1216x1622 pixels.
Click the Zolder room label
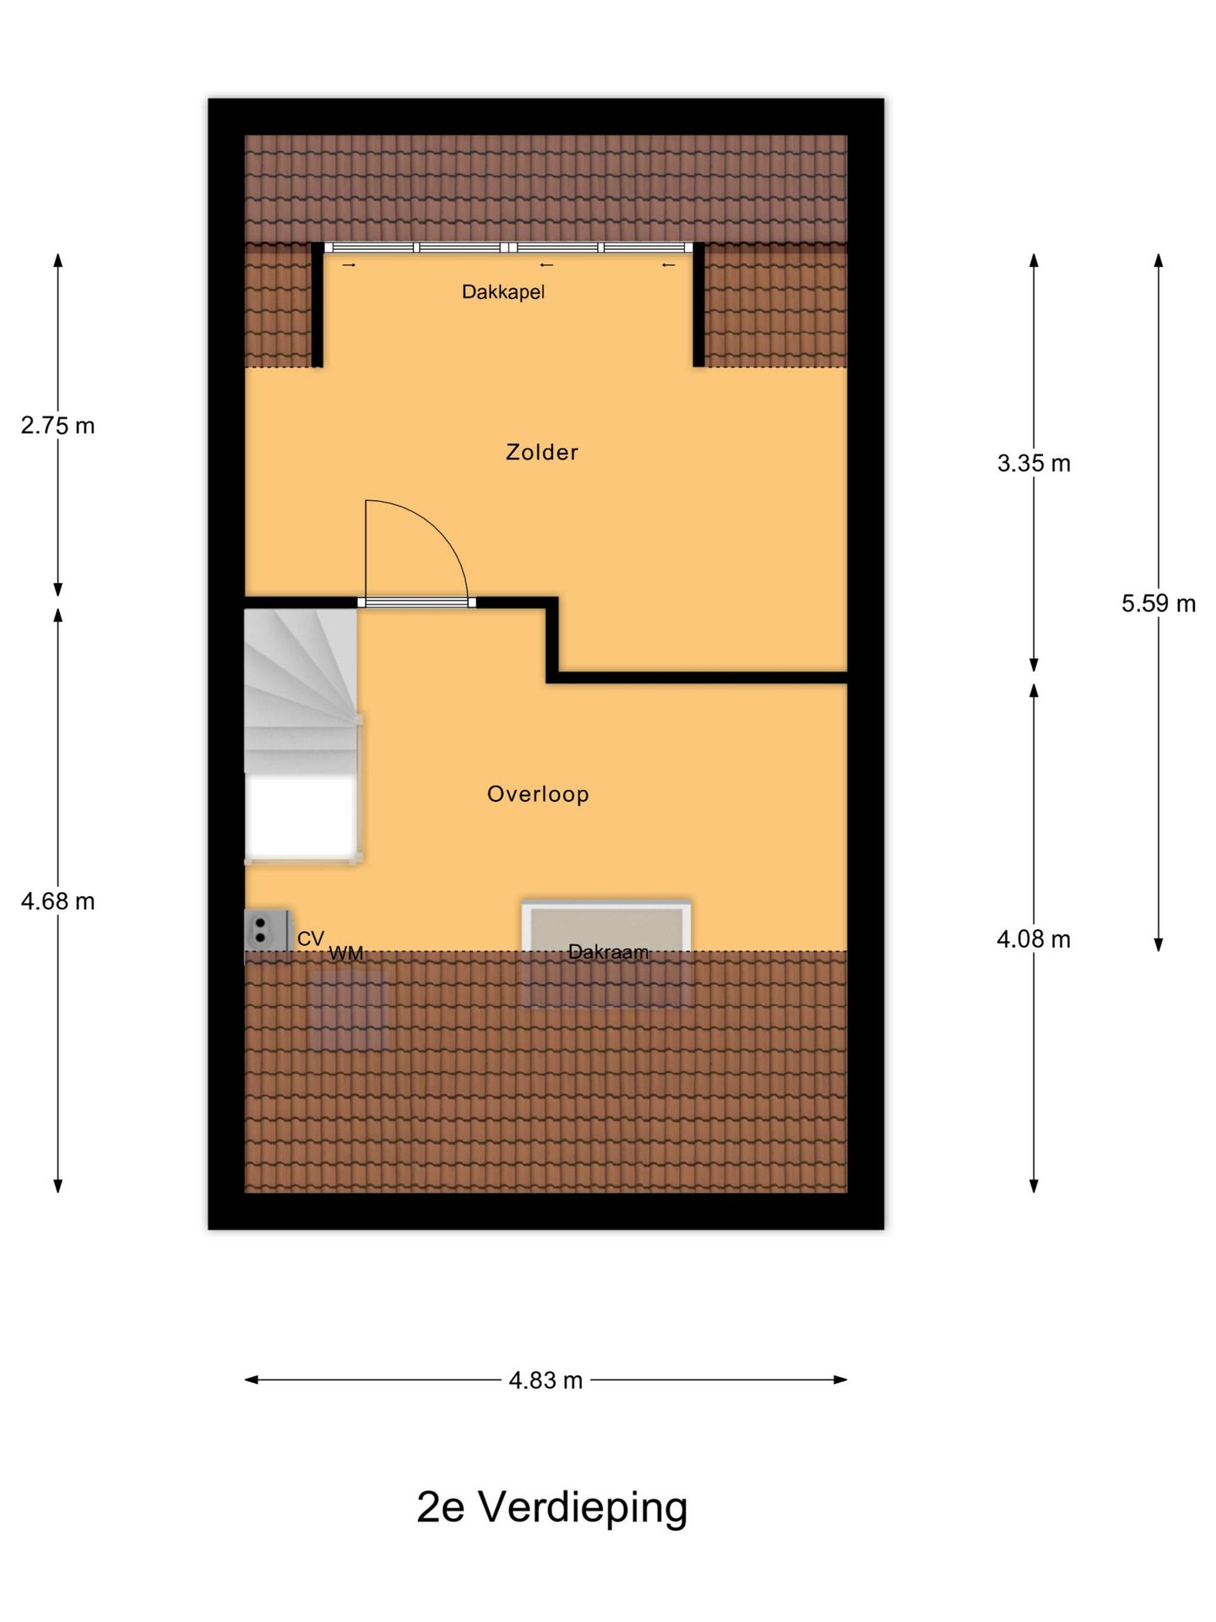541,452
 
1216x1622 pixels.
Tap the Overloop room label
538,794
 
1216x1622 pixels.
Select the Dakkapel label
503,292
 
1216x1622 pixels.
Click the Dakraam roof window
606,953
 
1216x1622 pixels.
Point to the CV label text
311,939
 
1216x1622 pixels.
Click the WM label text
345,954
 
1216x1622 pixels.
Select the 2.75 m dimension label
57,426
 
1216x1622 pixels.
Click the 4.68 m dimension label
57,901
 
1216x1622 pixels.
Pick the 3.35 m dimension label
1034,463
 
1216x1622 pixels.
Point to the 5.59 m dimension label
1159,603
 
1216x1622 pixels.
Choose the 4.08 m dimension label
1034,939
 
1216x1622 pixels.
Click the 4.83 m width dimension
546,1380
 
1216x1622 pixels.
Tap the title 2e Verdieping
552,1507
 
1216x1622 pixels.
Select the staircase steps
301,691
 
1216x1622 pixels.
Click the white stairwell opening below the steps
300,815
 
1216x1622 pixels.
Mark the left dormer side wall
318,305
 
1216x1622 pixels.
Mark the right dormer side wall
698,305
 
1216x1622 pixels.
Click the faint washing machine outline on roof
348,1010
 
